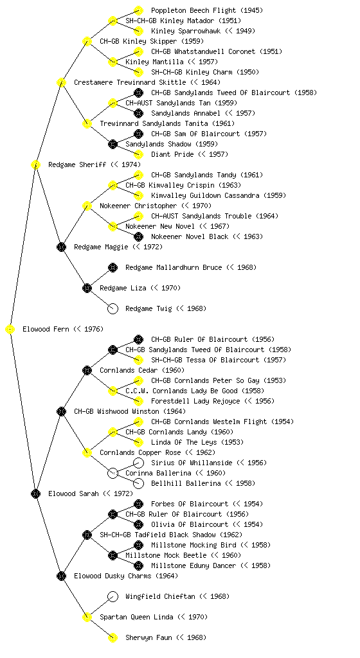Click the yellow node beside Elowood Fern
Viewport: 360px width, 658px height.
(10, 330)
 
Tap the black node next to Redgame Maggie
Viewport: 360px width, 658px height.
(61, 247)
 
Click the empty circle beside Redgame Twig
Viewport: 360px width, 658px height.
(113, 309)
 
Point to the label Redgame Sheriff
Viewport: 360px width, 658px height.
(77, 165)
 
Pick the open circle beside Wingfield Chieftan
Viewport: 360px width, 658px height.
(113, 597)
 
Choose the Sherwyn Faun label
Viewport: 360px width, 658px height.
(148, 638)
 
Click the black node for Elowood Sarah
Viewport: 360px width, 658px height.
(35, 494)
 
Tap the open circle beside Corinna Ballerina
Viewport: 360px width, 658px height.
(113, 474)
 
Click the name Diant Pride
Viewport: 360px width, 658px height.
(172, 154)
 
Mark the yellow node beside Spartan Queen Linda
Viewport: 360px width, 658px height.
(87, 618)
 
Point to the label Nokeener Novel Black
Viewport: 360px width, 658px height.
(190, 236)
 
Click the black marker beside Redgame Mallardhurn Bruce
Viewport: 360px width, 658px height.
(113, 268)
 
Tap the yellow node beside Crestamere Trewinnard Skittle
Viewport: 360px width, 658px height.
(61, 83)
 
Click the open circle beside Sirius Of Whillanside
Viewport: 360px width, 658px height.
(138, 463)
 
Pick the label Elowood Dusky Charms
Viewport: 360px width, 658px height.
(113, 576)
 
